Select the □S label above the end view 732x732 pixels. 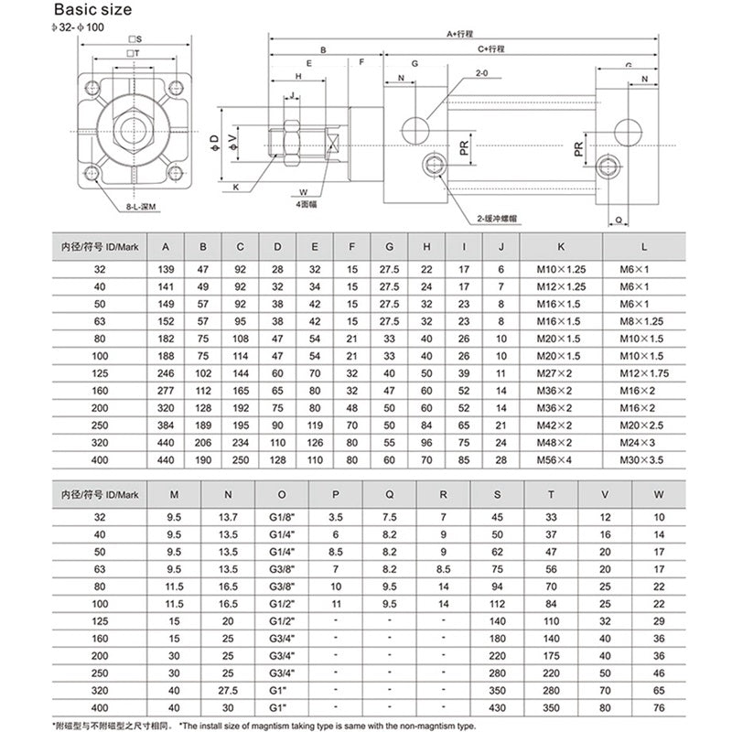135,39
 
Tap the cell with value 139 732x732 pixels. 165,270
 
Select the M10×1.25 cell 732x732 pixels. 562,270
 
